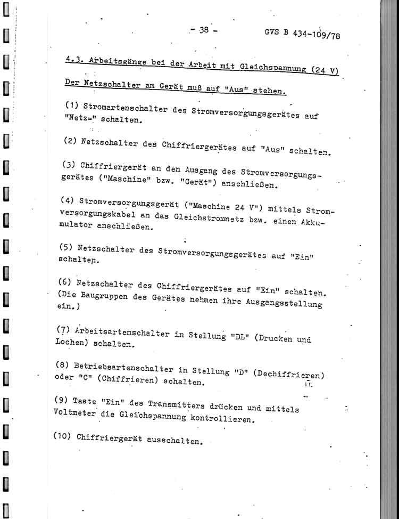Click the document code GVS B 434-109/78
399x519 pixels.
(x=301, y=35)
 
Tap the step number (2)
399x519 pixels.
(x=71, y=141)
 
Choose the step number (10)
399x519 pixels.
(x=63, y=435)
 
